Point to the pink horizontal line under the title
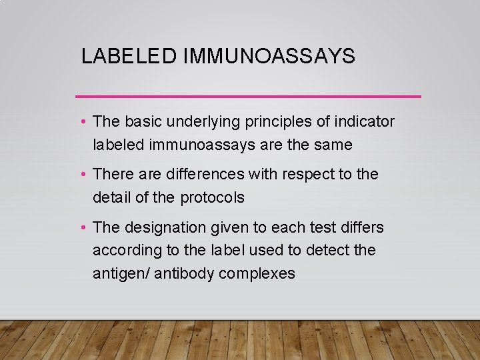[x=248, y=97]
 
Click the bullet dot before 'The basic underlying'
[x=81, y=122]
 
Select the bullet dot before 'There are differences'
[x=81, y=175]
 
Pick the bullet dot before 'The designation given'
[x=81, y=228]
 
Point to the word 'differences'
[x=203, y=175]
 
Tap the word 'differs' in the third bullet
[x=361, y=228]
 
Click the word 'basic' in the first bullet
[x=139, y=121]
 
